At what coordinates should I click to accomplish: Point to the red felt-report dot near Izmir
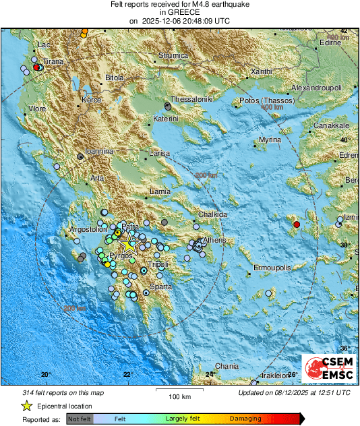pyautogui.click(x=296, y=224)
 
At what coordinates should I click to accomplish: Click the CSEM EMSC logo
pyautogui.click(x=326, y=369)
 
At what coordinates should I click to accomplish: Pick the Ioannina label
pyautogui.click(x=98, y=152)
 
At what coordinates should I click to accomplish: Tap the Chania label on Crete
pyautogui.click(x=227, y=367)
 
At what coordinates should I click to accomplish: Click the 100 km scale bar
pyautogui.click(x=178, y=391)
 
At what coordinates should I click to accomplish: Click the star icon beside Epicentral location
pyautogui.click(x=26, y=406)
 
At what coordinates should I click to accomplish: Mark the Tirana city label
pyautogui.click(x=53, y=61)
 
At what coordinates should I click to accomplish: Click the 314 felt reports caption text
pyautogui.click(x=55, y=392)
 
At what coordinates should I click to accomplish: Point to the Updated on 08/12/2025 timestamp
pyautogui.click(x=294, y=392)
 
